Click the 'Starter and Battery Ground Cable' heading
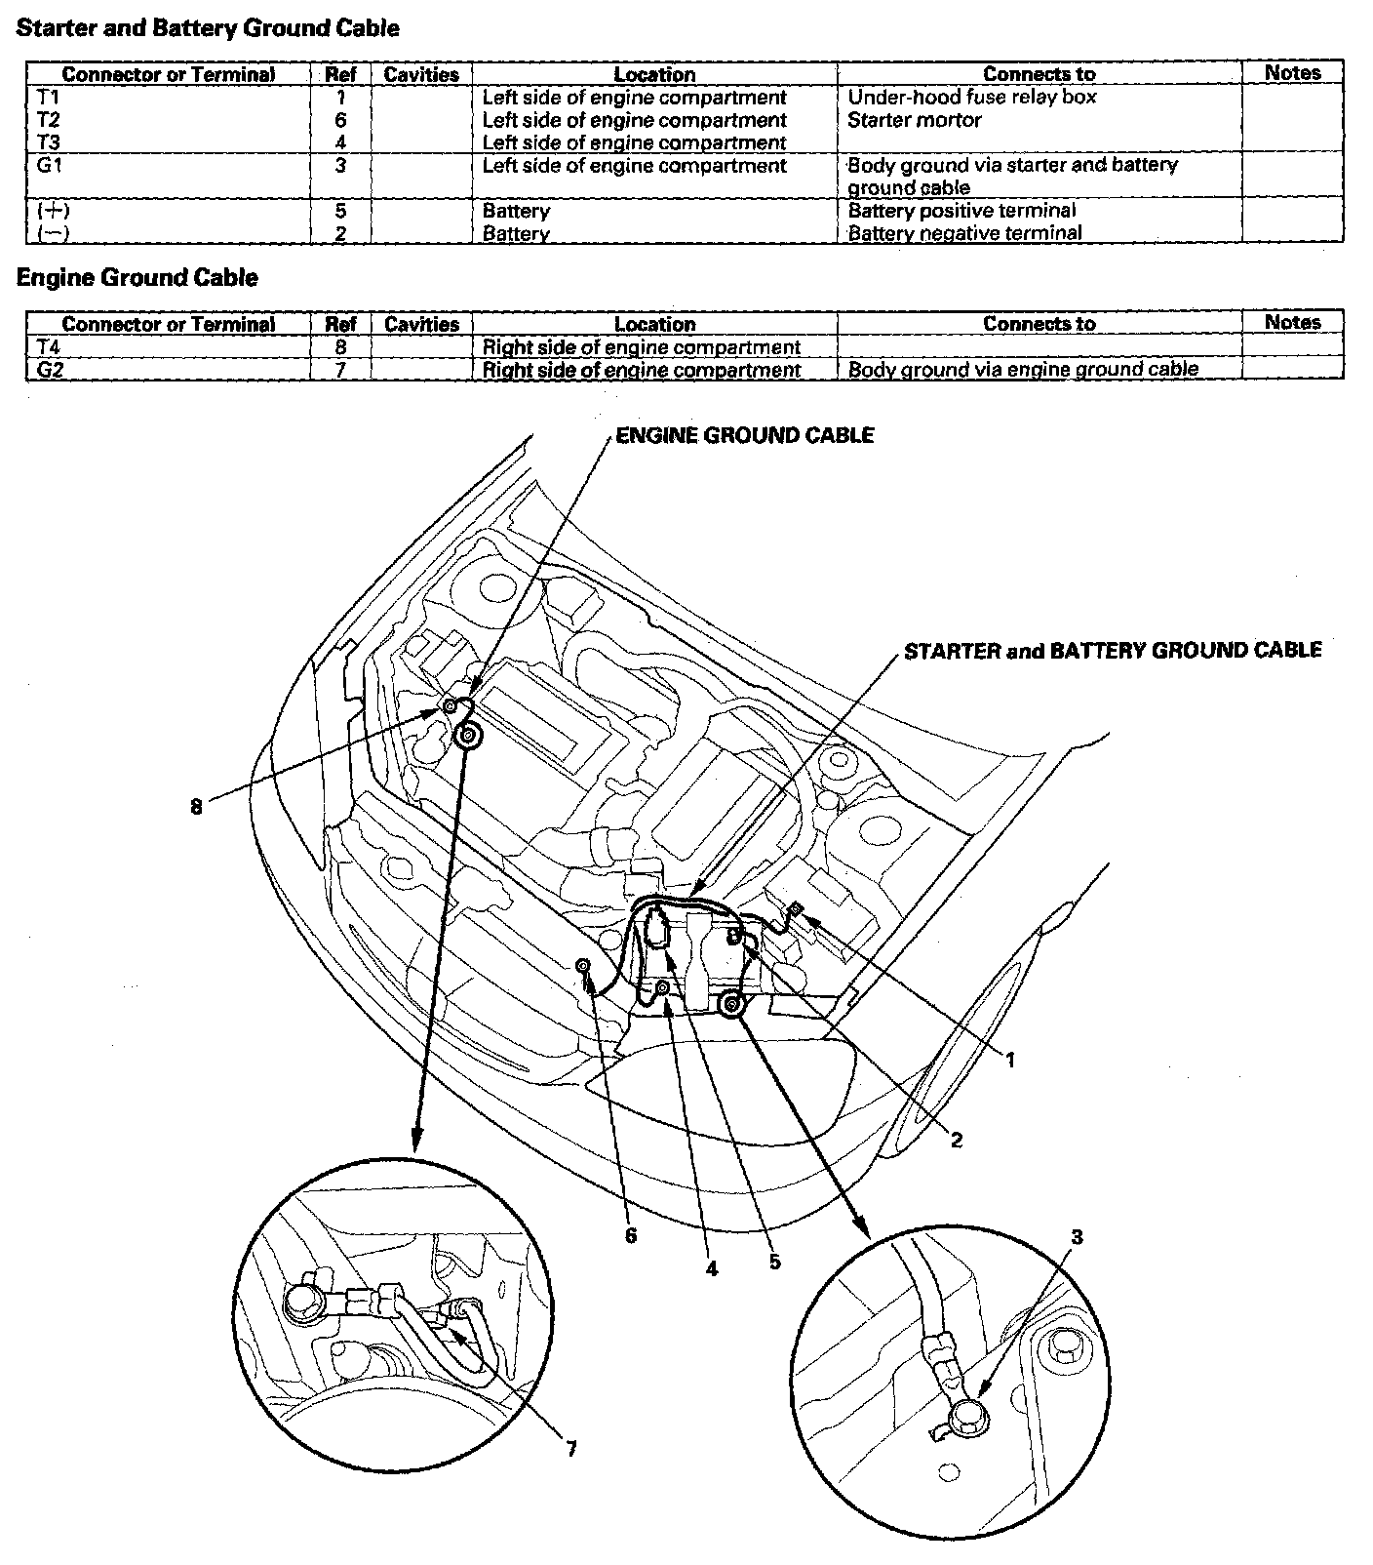tap(208, 28)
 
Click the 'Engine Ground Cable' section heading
tap(137, 278)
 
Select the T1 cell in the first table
tap(49, 98)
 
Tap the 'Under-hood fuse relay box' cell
tap(972, 98)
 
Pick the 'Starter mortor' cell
tap(915, 120)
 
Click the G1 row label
tap(50, 165)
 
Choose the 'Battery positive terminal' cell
tap(962, 211)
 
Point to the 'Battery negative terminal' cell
tap(965, 233)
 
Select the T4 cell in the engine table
tap(50, 347)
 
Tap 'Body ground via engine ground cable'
tap(1023, 370)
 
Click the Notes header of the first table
tap(1292, 73)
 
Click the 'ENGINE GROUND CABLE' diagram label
tap(745, 435)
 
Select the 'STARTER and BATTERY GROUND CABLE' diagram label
tap(1113, 651)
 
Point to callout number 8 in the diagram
tap(196, 808)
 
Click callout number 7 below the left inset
tap(571, 1449)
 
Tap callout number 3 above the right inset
tap(1077, 1237)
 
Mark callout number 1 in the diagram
tap(1010, 1060)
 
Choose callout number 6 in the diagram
tap(631, 1235)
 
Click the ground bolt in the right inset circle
tap(970, 1412)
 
